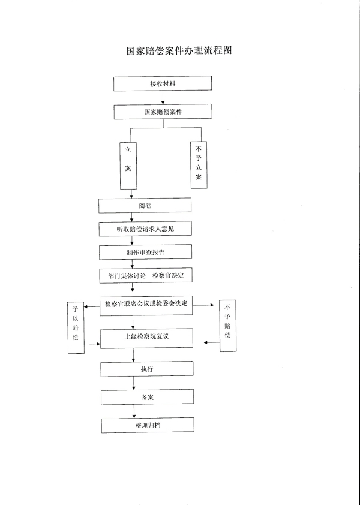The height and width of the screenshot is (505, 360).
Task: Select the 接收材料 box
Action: (x=163, y=83)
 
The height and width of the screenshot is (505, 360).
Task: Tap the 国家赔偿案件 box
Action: (x=163, y=112)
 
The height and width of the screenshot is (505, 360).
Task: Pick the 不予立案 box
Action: (x=199, y=165)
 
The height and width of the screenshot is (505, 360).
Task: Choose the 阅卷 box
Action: (x=145, y=205)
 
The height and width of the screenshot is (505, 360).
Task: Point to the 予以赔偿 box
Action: (x=76, y=327)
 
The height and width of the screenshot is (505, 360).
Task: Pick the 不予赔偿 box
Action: (x=227, y=326)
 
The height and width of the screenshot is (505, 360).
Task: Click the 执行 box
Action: (x=147, y=369)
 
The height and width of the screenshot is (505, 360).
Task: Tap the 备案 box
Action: (x=147, y=397)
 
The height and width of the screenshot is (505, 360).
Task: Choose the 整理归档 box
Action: (x=147, y=425)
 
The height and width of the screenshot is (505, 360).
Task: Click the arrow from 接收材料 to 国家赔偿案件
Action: (x=163, y=98)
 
